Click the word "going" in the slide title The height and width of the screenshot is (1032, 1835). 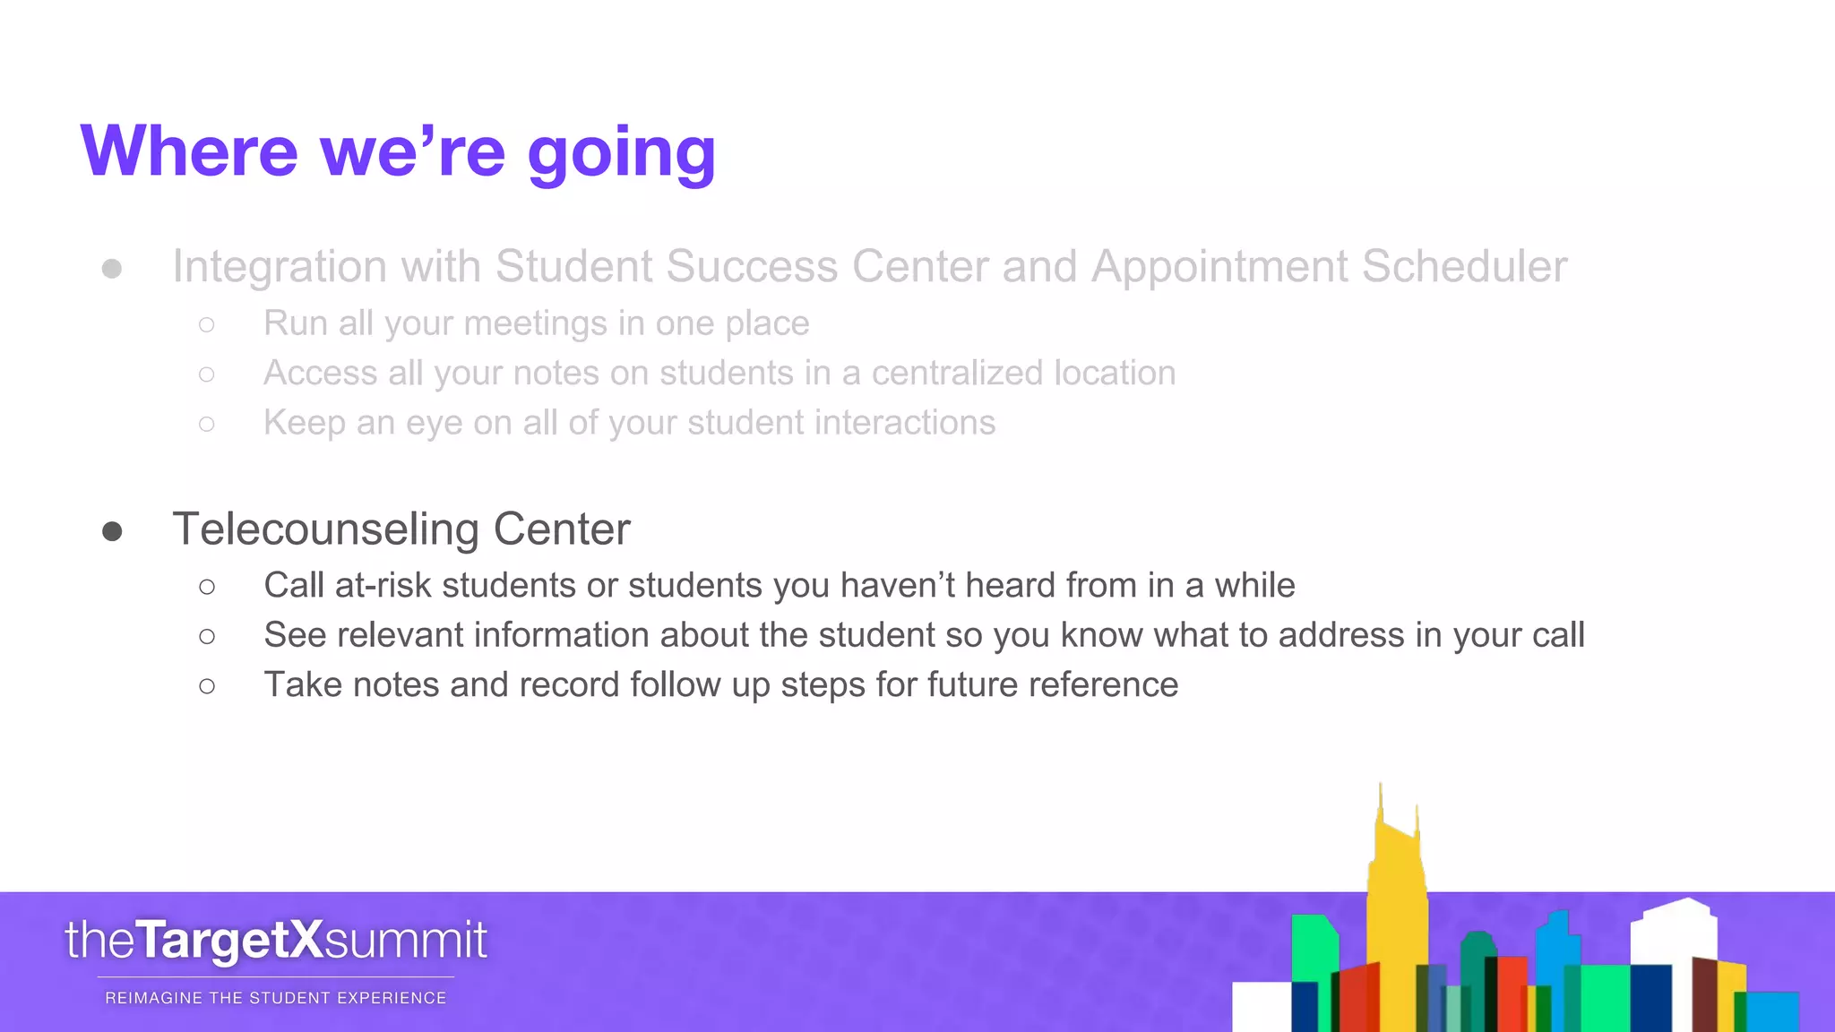[x=621, y=152]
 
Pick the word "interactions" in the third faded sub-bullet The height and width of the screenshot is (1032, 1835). [x=904, y=423]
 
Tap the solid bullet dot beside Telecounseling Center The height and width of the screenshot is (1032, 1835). [x=112, y=531]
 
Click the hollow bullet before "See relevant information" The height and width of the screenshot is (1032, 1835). [x=207, y=636]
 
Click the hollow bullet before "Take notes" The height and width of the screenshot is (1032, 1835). [x=207, y=686]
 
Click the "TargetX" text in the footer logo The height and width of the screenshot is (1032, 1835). [x=229, y=941]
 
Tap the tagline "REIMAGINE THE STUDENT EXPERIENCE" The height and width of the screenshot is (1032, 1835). [x=276, y=998]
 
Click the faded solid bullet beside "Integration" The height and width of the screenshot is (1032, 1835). [x=112, y=268]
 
